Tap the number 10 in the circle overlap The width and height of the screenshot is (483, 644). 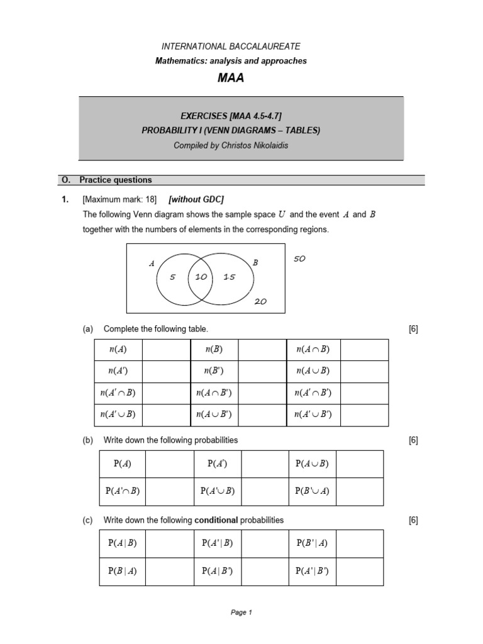coord(201,277)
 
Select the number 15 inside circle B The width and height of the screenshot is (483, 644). coord(229,277)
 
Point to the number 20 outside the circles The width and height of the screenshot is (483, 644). coord(260,301)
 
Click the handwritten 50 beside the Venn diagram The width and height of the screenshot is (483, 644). coord(299,258)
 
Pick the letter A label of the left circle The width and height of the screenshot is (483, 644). coord(152,264)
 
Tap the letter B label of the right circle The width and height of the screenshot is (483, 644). coord(255,263)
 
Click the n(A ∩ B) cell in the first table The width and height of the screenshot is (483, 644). coord(313,350)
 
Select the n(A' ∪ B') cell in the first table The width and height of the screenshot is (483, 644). coord(313,414)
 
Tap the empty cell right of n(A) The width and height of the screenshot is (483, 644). coord(166,350)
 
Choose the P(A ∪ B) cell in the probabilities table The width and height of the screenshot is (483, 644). coord(312,464)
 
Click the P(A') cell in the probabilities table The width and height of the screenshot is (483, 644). coord(217,464)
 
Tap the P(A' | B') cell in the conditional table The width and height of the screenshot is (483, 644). coord(312,572)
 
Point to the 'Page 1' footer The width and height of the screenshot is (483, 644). coord(241,613)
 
